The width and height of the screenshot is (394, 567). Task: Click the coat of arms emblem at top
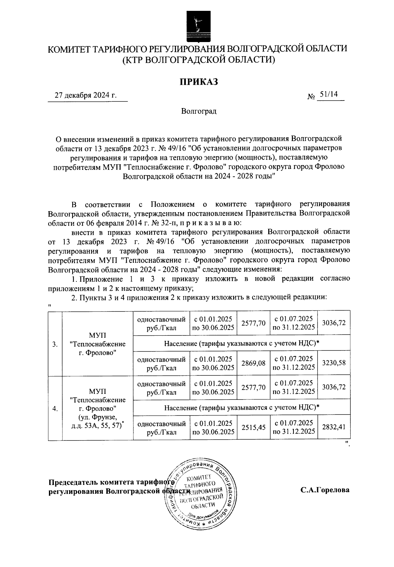(197, 26)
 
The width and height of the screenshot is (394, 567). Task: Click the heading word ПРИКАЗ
(198, 82)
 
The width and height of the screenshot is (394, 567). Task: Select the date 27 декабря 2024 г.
(86, 96)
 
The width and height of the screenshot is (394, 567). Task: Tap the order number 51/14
(329, 95)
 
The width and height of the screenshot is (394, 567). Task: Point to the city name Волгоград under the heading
(199, 111)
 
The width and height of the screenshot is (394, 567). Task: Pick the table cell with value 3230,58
(334, 363)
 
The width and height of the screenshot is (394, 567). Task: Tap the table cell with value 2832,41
(334, 427)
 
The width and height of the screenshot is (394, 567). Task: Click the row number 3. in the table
(55, 344)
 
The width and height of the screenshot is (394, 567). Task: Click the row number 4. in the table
(55, 409)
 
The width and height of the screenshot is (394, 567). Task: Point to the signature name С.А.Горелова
(325, 490)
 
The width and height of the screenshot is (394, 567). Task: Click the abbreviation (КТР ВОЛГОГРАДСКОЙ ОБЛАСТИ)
(198, 60)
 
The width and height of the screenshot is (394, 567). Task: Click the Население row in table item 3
(242, 343)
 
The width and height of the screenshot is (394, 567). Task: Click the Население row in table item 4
(242, 408)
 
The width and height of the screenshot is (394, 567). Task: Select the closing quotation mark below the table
(348, 444)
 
